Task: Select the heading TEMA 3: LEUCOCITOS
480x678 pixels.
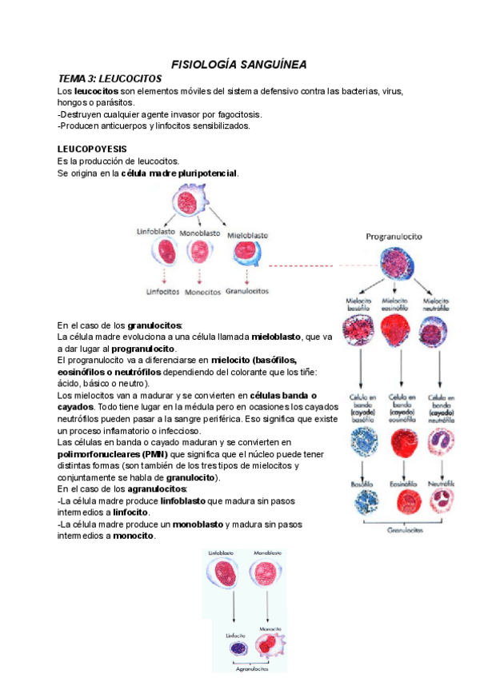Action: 110,78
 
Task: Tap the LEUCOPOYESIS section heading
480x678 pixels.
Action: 92,149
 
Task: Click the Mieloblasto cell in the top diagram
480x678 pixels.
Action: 246,254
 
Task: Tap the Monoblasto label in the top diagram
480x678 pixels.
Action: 200,233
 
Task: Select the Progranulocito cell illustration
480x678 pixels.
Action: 394,265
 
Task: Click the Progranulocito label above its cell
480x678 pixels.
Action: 394,237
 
